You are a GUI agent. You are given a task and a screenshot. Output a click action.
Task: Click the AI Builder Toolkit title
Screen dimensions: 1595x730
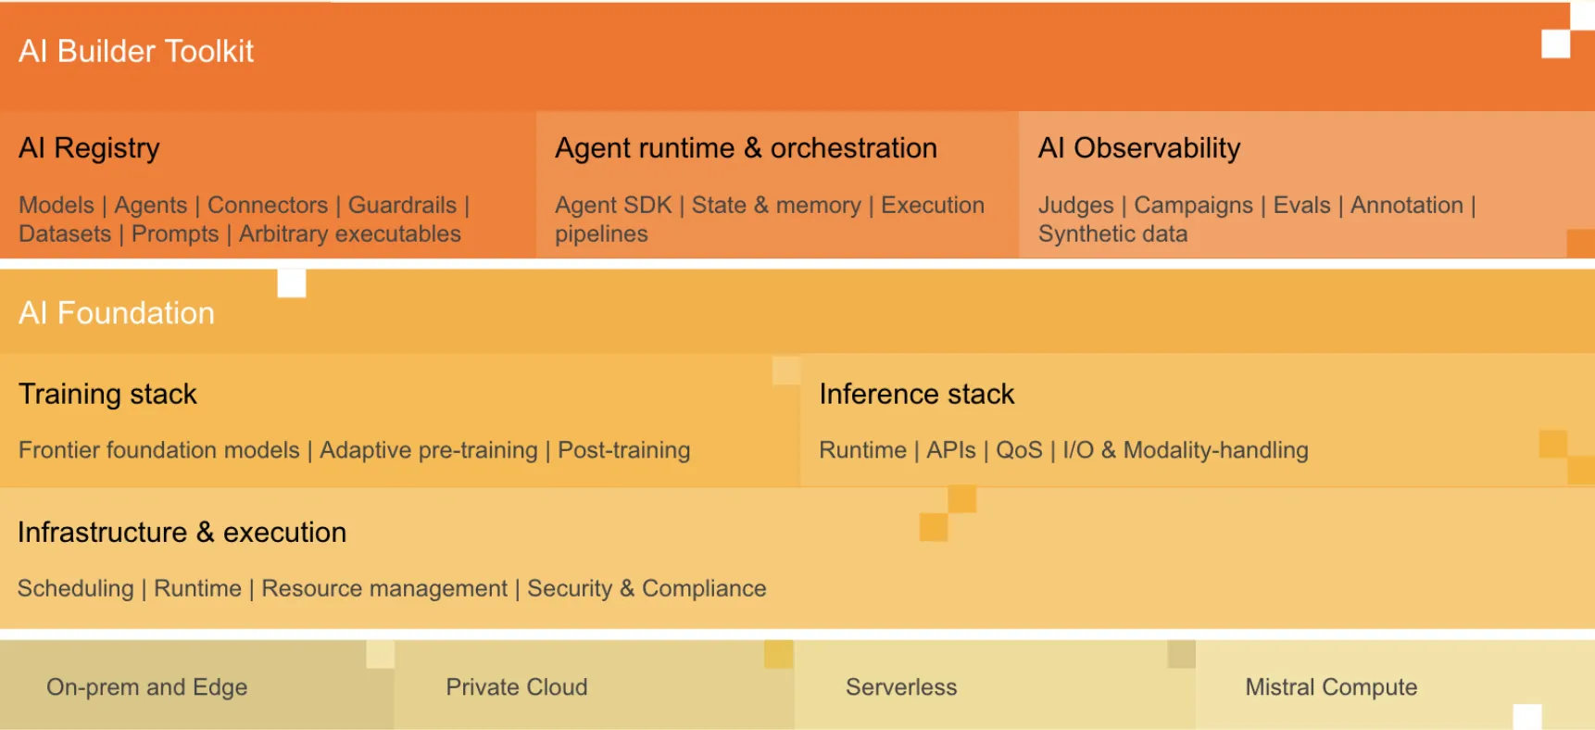136,51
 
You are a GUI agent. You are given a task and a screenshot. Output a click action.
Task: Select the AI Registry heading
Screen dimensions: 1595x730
89,148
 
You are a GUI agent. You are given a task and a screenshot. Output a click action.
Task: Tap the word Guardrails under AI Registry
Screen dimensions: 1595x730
402,205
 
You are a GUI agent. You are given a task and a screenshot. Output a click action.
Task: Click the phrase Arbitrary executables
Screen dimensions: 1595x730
350,233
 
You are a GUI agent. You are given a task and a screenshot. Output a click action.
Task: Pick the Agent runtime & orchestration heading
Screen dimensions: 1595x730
746,148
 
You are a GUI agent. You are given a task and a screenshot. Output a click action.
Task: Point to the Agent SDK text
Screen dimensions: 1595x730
613,205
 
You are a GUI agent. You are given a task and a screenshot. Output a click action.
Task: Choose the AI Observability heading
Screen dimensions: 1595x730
1139,148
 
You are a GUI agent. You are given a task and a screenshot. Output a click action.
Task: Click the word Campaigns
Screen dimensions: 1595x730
1193,205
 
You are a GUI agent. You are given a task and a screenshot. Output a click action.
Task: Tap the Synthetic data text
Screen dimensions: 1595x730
1112,233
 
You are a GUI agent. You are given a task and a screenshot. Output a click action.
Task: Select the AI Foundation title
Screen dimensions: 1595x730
117,313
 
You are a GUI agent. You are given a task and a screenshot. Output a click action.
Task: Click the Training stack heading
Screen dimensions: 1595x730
107,395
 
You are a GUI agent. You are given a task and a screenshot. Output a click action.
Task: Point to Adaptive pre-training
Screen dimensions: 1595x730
429,450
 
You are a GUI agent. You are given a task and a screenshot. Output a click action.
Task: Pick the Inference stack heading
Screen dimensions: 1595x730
917,395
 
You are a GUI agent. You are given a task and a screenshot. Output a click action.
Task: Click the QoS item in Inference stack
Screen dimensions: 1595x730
1019,450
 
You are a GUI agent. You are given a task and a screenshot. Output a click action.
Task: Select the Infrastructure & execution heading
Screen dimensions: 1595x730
182,533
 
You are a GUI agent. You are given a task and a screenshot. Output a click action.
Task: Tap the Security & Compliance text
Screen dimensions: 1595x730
647,588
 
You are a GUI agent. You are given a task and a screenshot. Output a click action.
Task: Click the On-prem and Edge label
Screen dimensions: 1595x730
147,687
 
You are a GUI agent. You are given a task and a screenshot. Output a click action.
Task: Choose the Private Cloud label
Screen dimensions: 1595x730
517,687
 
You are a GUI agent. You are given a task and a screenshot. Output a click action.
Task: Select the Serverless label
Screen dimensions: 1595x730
901,687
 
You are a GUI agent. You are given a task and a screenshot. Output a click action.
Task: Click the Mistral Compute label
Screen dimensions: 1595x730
1331,687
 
